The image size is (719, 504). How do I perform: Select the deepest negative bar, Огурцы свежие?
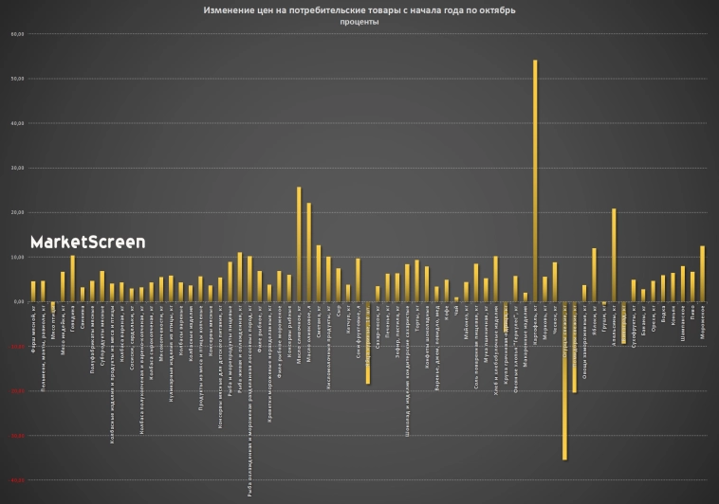pyautogui.click(x=564, y=379)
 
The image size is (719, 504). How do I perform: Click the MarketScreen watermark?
pyautogui.click(x=87, y=243)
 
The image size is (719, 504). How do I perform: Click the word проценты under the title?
pyautogui.click(x=359, y=22)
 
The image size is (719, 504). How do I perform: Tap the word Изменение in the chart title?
pyautogui.click(x=227, y=10)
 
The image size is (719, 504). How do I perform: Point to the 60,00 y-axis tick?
pyautogui.click(x=16, y=34)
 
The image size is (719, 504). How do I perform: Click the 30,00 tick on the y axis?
pyautogui.click(x=16, y=168)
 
